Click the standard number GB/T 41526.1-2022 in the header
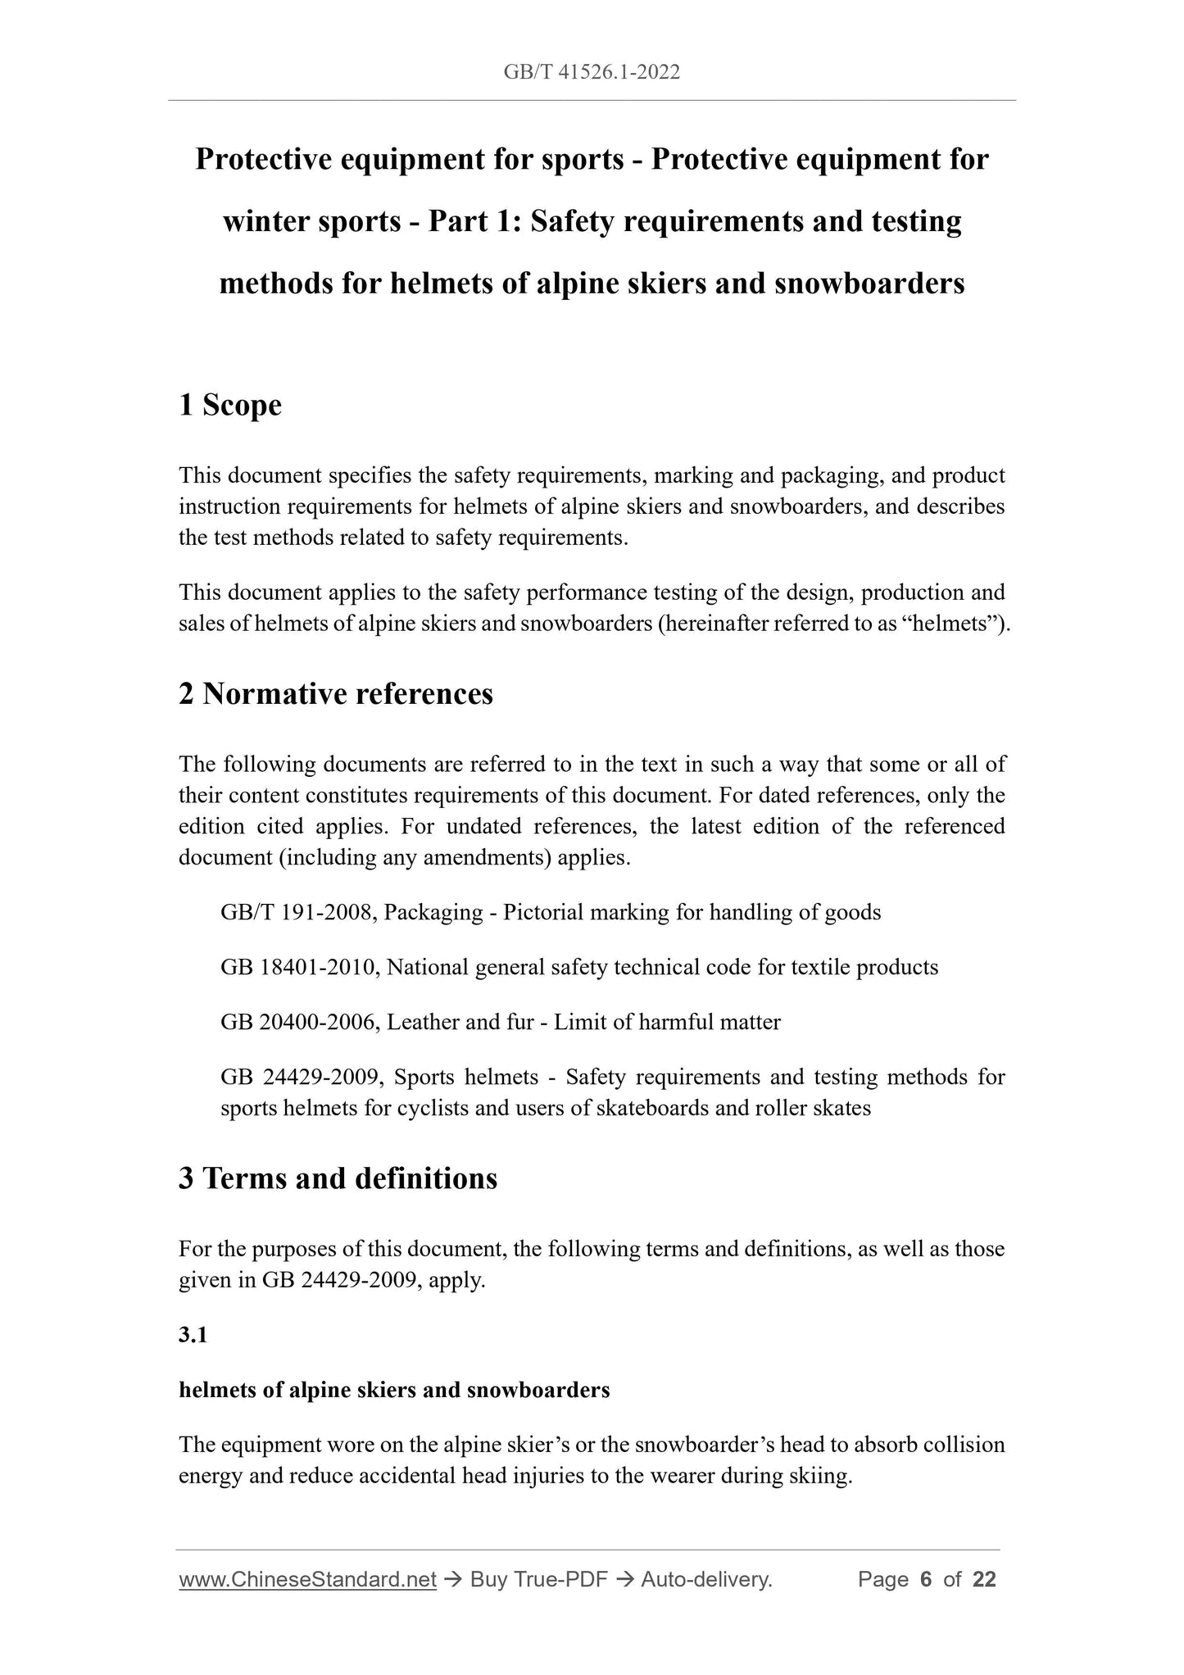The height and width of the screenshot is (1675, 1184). tap(592, 73)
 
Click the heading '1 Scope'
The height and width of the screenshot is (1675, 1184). tap(230, 405)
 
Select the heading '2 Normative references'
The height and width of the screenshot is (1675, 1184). tap(336, 693)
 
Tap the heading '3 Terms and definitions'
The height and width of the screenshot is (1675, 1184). tap(338, 1178)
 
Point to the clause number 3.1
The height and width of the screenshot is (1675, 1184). tap(193, 1335)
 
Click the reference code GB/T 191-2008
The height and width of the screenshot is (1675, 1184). tap(297, 912)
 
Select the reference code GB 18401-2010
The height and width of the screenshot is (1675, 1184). tap(298, 967)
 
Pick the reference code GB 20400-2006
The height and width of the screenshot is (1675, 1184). tap(298, 1022)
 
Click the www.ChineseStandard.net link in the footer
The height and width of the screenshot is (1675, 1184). tap(307, 1580)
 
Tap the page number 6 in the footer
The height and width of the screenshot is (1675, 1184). tap(926, 1580)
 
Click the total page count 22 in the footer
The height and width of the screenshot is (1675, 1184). tap(984, 1580)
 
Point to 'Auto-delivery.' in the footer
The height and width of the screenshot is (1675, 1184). tap(706, 1580)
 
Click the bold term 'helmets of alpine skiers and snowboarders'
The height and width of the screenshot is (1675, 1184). tap(394, 1390)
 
